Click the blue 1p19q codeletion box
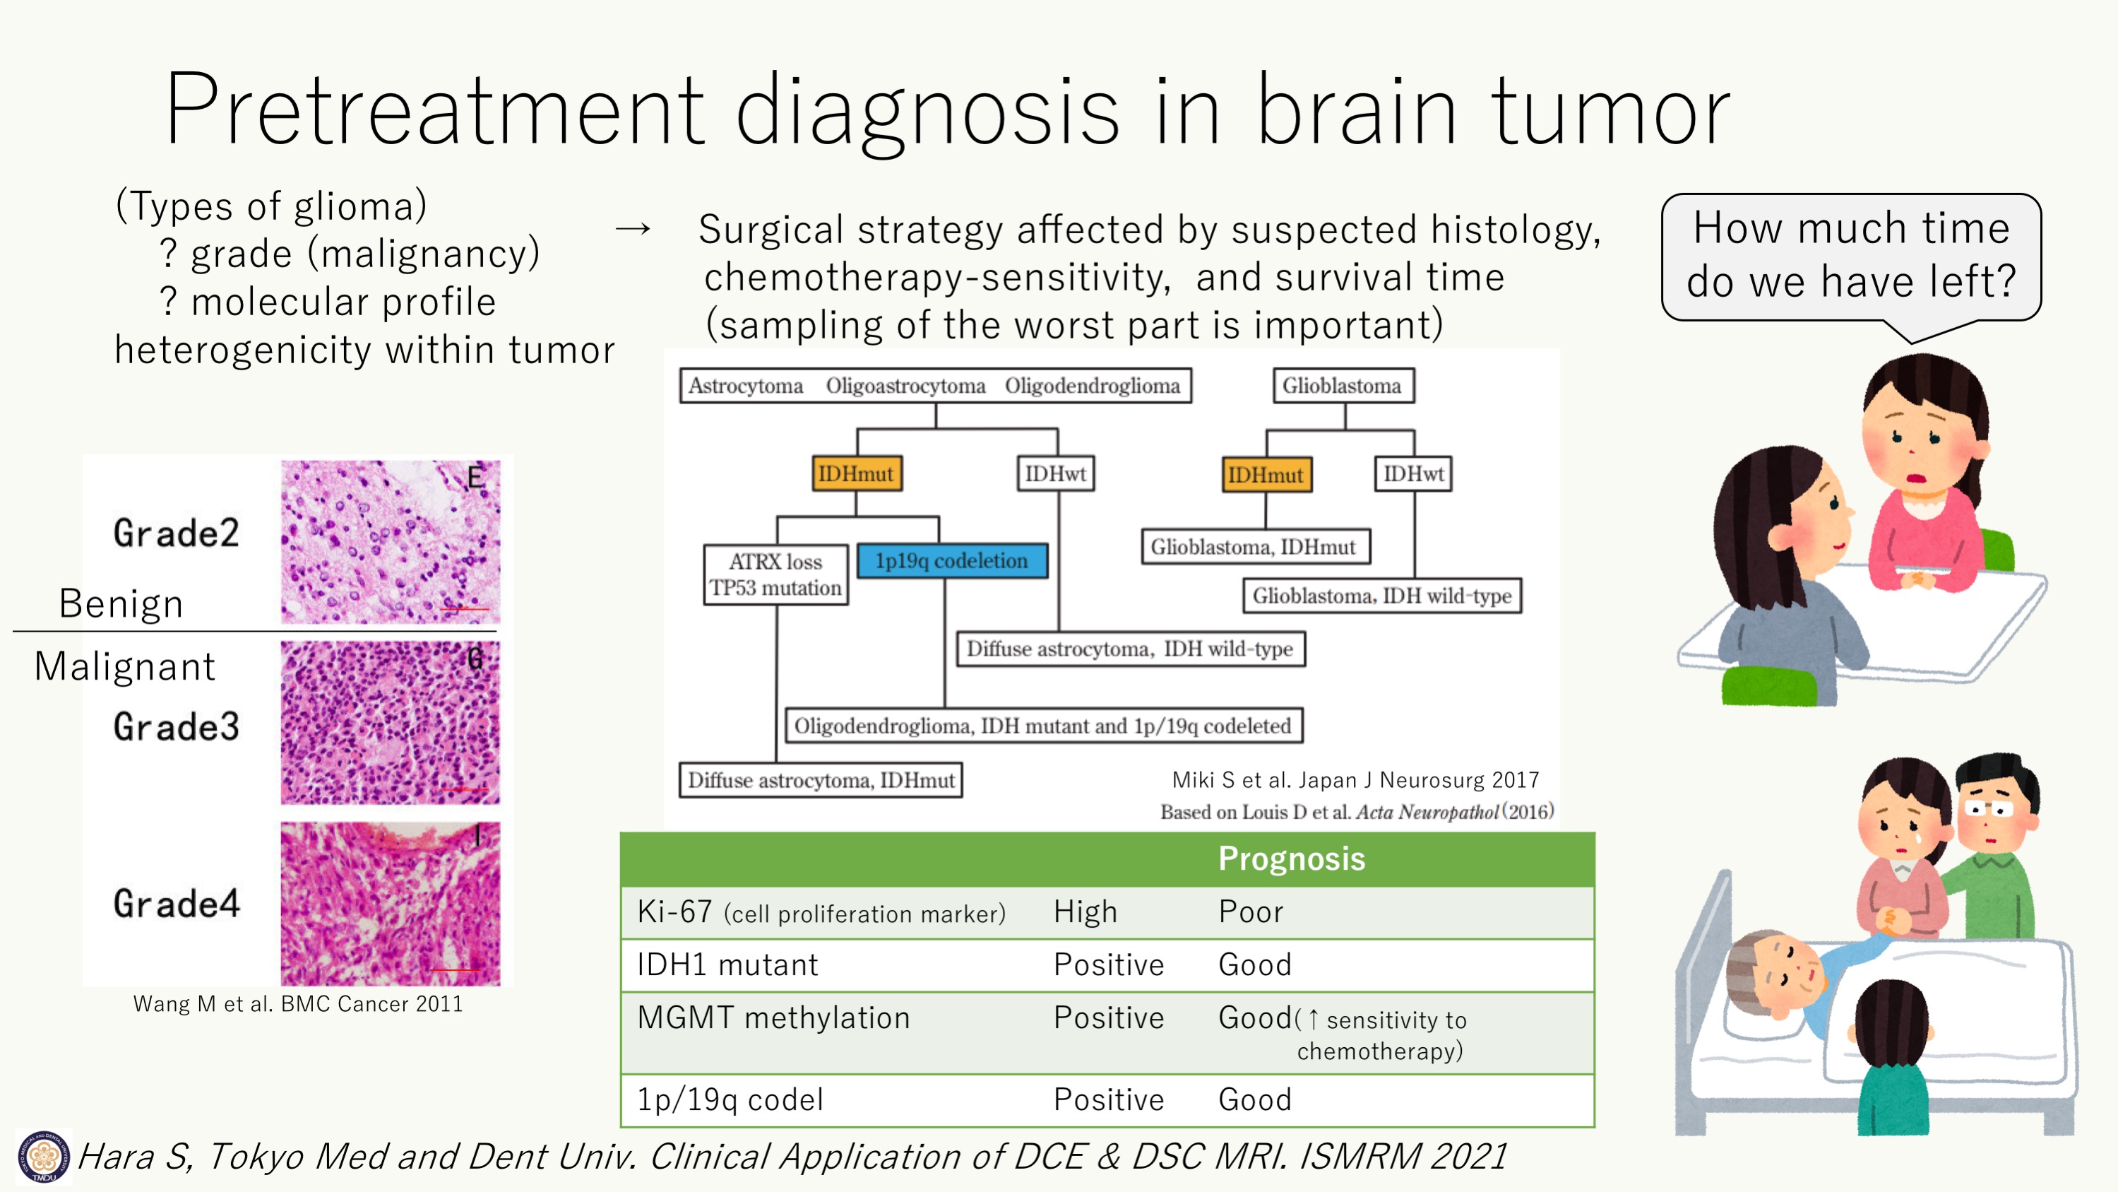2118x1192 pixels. [952, 561]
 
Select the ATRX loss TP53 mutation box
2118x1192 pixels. [775, 575]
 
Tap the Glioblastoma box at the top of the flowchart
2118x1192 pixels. [1343, 386]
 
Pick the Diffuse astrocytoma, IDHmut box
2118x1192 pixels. [821, 780]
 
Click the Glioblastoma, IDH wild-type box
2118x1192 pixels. [1382, 596]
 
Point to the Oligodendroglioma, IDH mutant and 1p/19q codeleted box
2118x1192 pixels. [1043, 726]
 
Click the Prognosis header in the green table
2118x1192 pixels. [1292, 858]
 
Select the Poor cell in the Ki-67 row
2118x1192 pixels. [1251, 912]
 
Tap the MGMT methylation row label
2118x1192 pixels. [774, 1018]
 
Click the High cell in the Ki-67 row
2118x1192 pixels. [1085, 912]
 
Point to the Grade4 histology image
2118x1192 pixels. [391, 903]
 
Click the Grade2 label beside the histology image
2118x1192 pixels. [177, 533]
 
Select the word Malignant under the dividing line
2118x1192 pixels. [125, 666]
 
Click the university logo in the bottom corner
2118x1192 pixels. [43, 1156]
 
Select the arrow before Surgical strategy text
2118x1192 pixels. [633, 229]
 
